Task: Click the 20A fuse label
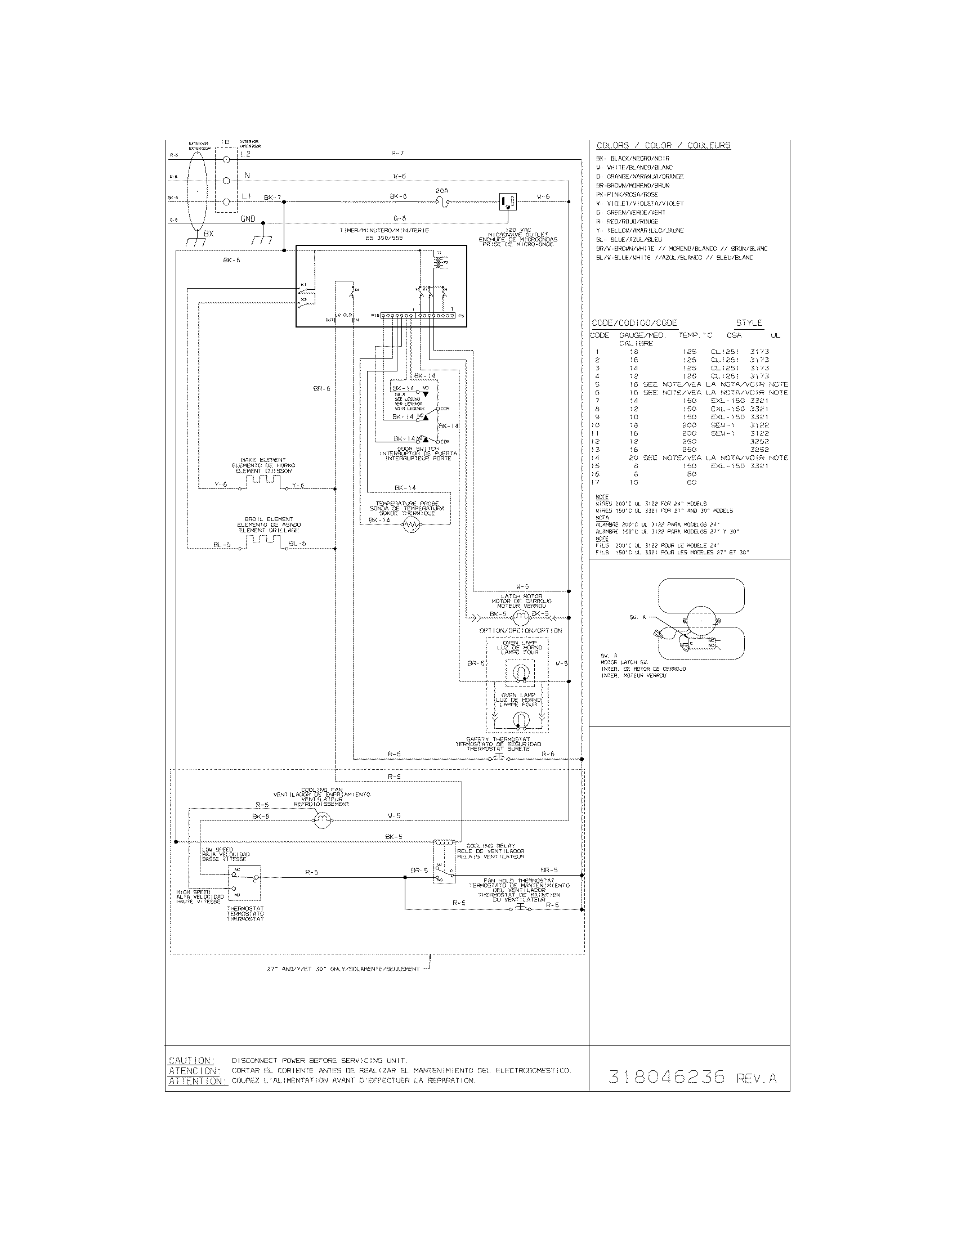pyautogui.click(x=442, y=191)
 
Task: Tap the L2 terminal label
pyautogui.click(x=245, y=154)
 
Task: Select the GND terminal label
pyautogui.click(x=248, y=219)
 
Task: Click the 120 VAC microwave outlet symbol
pyautogui.click(x=507, y=201)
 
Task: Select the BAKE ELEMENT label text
pyautogui.click(x=263, y=460)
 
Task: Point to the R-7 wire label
pyautogui.click(x=397, y=153)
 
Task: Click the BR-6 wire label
pyautogui.click(x=321, y=389)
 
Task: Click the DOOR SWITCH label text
pyautogui.click(x=418, y=449)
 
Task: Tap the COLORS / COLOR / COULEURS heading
pyautogui.click(x=663, y=146)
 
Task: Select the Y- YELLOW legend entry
pyautogui.click(x=640, y=231)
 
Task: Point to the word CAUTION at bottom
pyautogui.click(x=191, y=1060)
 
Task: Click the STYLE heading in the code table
pyautogui.click(x=749, y=322)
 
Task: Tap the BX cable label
pyautogui.click(x=209, y=233)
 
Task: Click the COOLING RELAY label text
pyautogui.click(x=490, y=846)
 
